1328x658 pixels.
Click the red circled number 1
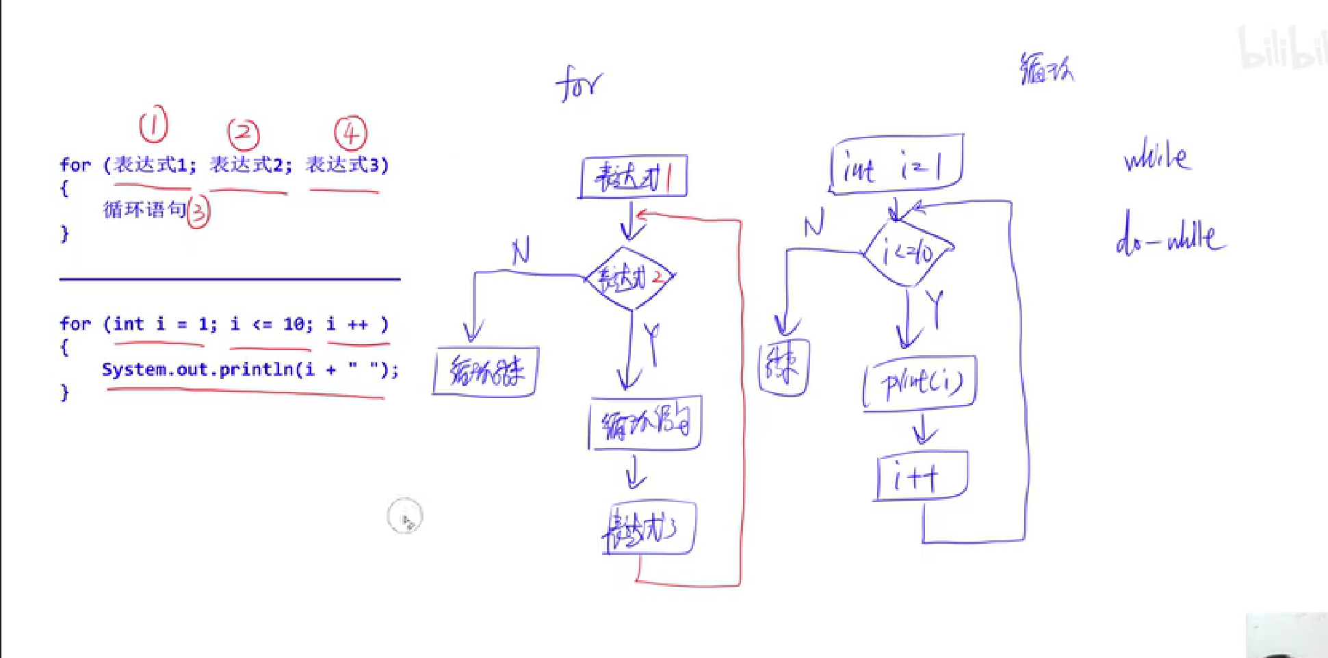point(153,124)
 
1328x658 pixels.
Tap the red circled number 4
point(350,133)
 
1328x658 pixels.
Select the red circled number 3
point(198,212)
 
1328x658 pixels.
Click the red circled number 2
point(244,134)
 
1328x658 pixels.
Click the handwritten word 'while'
point(1157,157)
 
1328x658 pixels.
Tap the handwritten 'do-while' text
point(1171,236)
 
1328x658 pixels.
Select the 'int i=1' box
point(896,165)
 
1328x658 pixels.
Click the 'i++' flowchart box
point(922,476)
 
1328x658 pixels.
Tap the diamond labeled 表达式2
point(630,278)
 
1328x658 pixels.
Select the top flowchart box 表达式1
point(634,177)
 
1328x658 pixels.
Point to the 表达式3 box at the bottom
point(649,529)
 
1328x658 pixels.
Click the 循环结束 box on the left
point(486,371)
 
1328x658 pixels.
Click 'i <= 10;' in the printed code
point(271,324)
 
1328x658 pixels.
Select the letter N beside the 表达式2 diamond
point(521,252)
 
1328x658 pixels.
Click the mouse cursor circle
point(404,516)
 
